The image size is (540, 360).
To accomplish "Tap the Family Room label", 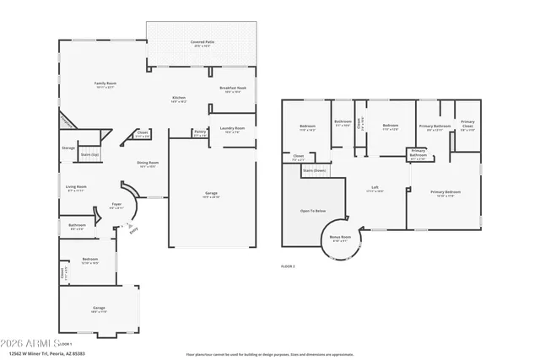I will [105, 83].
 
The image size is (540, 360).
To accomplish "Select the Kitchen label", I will [179, 99].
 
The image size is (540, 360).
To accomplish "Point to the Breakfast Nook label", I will [233, 89].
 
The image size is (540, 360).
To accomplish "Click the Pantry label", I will [200, 132].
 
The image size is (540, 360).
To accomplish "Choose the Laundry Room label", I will [232, 129].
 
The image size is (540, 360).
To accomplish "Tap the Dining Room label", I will [148, 164].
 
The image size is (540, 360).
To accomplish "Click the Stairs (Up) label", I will [90, 155].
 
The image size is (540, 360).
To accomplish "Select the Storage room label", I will [68, 148].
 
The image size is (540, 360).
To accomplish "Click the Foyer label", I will [116, 205].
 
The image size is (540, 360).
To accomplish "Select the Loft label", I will [375, 189].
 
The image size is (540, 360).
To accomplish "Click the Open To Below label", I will [313, 211].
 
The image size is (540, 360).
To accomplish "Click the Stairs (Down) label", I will [314, 169].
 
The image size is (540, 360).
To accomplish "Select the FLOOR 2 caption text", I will [289, 266].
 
